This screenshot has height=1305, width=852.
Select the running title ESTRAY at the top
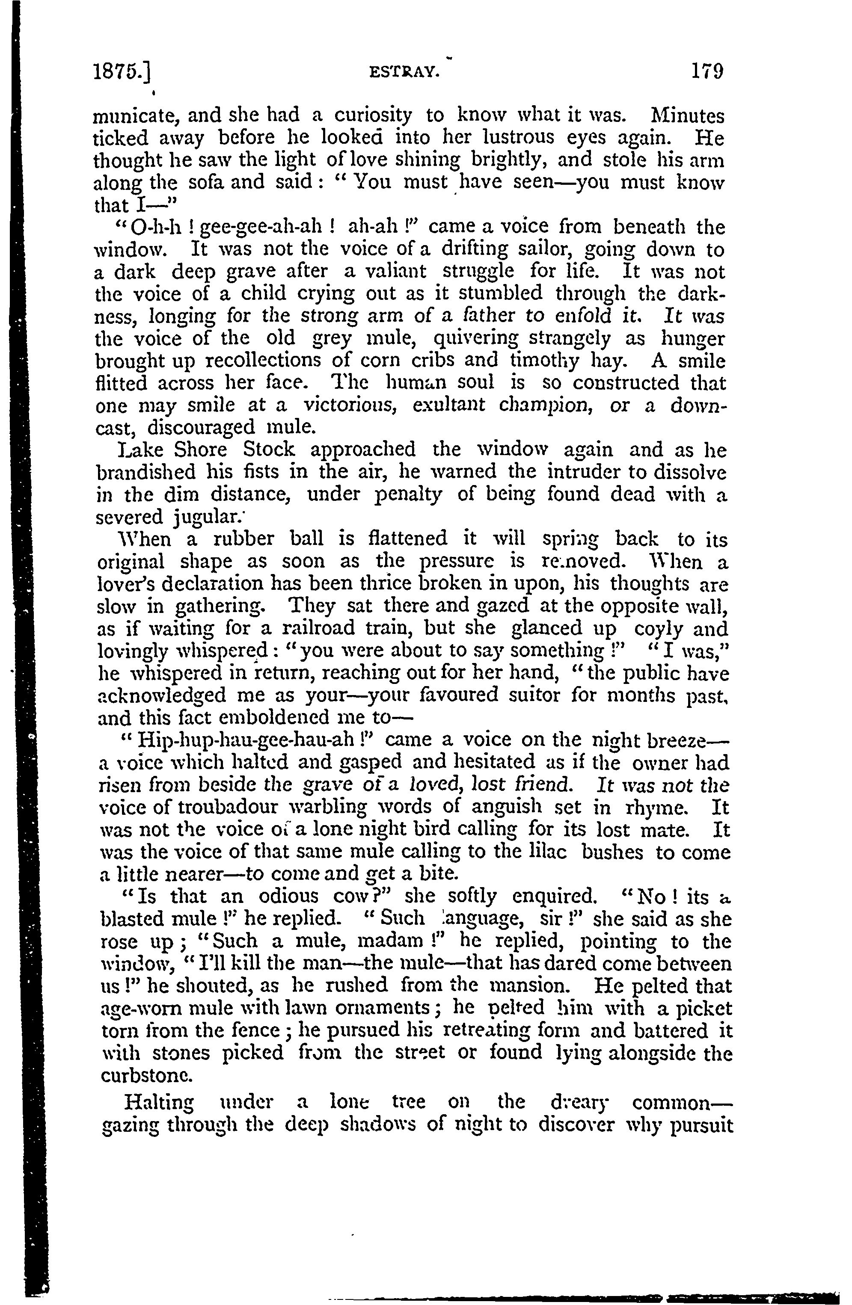click(405, 72)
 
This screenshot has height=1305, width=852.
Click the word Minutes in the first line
click(686, 116)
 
